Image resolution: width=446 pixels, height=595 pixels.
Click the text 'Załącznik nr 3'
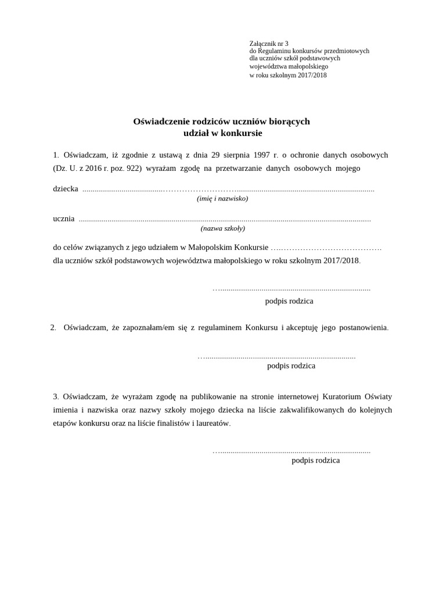(268, 44)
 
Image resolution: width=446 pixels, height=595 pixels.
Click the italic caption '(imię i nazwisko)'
(222, 199)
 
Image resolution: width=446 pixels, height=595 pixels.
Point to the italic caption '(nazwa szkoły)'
(223, 228)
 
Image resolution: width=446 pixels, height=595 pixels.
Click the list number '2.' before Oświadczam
(53, 328)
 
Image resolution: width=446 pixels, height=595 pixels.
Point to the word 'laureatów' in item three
(212, 424)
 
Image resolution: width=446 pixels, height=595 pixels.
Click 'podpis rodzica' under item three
(315, 460)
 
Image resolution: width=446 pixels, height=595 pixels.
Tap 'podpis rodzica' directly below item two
(291, 366)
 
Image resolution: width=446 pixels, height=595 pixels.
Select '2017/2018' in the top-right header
(312, 75)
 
